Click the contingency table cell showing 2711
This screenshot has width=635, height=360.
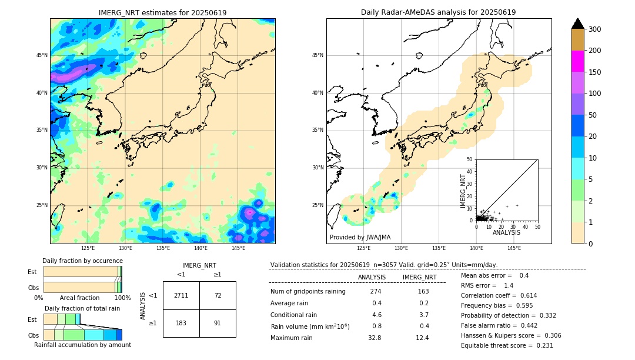point(181,295)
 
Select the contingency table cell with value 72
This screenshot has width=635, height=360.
point(218,295)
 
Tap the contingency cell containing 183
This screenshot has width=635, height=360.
point(181,323)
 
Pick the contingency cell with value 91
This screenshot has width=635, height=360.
point(218,323)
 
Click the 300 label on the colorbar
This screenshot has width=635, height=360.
point(595,29)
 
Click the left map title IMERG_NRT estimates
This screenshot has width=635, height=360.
point(162,13)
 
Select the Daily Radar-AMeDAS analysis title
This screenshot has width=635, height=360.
point(438,13)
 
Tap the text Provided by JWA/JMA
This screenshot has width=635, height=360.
point(360,238)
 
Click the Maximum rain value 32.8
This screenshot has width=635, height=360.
point(375,338)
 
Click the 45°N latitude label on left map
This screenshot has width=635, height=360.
point(42,56)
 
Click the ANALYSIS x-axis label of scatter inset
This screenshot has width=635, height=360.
point(506,233)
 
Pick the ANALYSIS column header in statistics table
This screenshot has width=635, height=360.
point(372,278)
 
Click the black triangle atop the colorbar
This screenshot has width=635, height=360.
point(578,24)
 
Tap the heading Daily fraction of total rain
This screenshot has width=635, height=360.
point(82,309)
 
